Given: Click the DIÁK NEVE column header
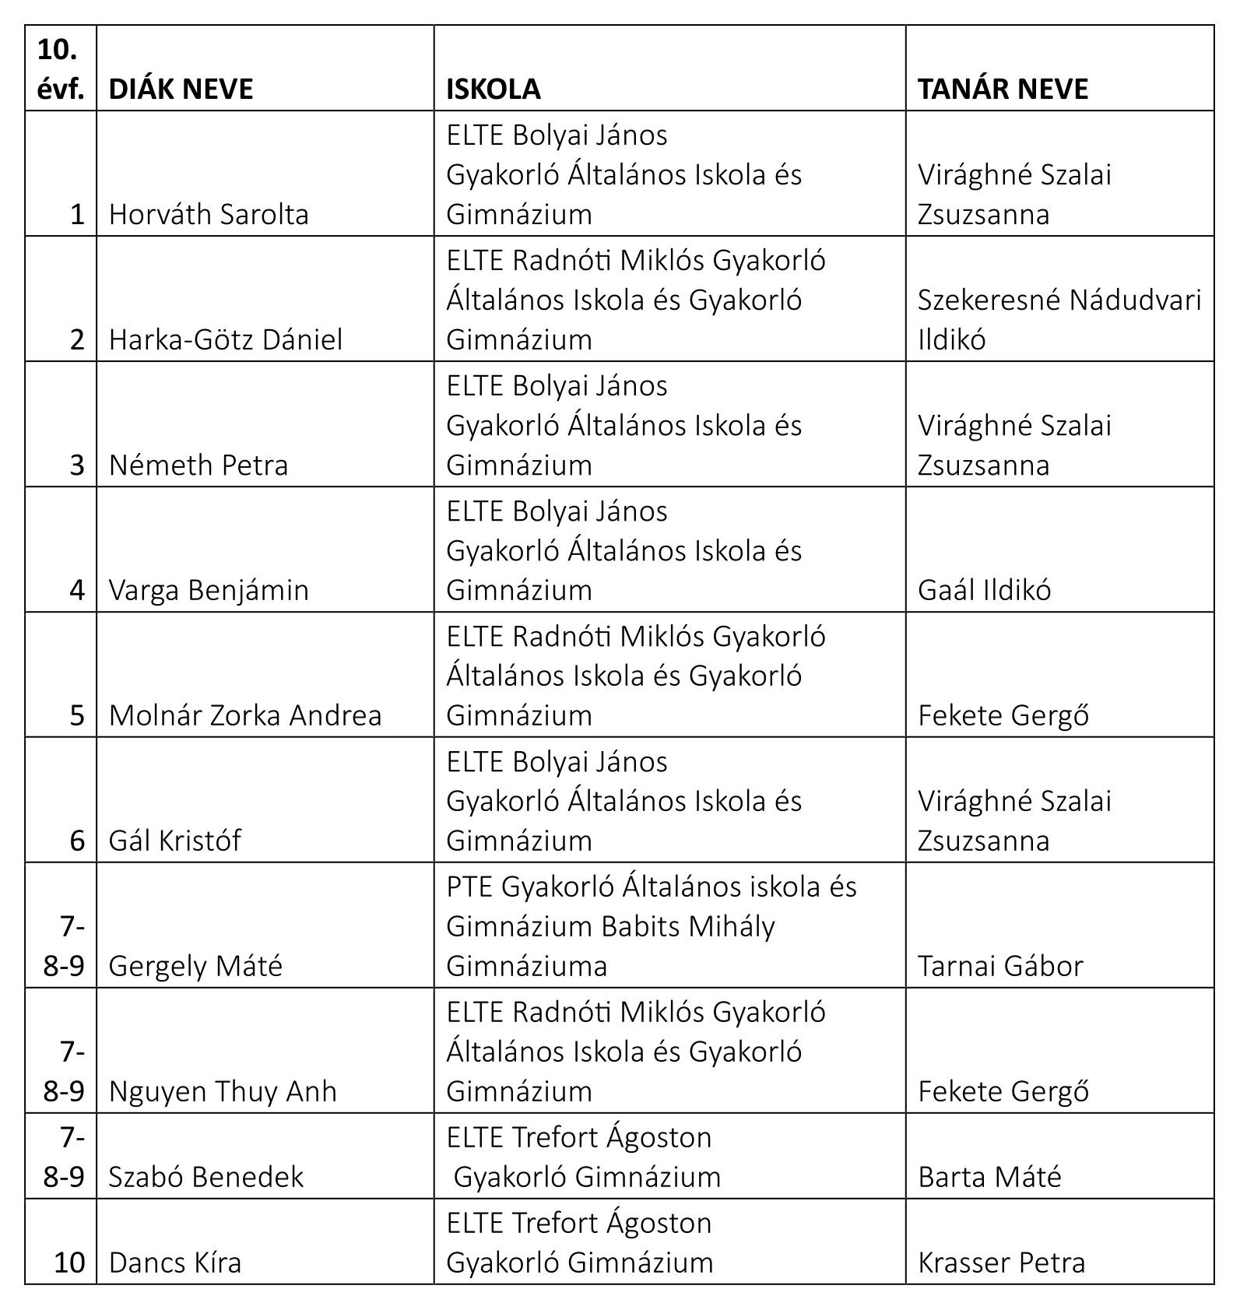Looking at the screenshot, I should click(x=181, y=89).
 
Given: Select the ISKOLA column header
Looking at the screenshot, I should click(x=493, y=89).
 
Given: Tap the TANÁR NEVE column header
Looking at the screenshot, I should click(x=1003, y=89).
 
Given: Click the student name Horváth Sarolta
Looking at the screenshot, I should click(x=209, y=214).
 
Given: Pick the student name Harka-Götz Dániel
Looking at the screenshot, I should click(x=226, y=339).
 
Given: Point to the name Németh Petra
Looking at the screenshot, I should click(x=198, y=465).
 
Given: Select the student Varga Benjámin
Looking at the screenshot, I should click(x=209, y=590).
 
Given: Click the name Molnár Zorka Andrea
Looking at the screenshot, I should click(x=245, y=715).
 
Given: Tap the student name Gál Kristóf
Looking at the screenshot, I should click(x=175, y=841).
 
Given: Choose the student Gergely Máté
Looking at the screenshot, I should click(x=195, y=966).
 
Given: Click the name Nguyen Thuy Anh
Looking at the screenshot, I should click(x=223, y=1091).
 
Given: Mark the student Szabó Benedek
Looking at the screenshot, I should click(x=206, y=1176).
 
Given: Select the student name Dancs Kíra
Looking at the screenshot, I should click(x=175, y=1262).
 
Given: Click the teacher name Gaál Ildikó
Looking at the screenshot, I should click(x=984, y=590).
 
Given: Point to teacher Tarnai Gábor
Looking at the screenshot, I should click(x=1000, y=966).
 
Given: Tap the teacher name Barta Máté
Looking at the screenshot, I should click(x=989, y=1176).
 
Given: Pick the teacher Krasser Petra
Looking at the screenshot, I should click(x=1001, y=1262).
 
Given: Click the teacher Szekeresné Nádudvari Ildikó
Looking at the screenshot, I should click(x=1059, y=319).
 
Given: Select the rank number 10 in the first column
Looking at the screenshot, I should click(x=68, y=1262).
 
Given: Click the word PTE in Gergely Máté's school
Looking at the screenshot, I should click(x=469, y=887).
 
